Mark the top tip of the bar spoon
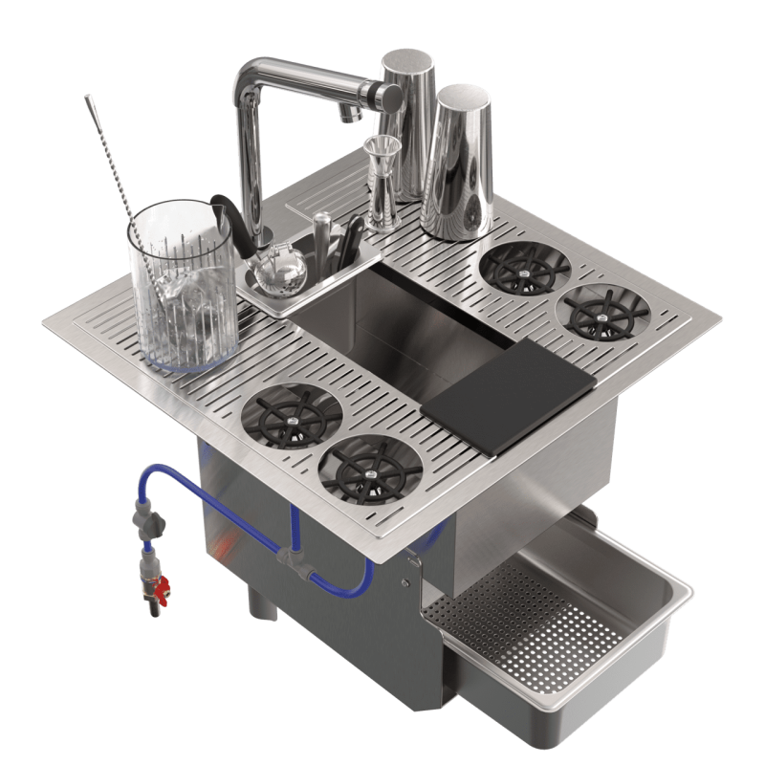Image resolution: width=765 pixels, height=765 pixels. pos(88,97)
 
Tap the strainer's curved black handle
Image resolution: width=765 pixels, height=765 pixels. pos(225,215)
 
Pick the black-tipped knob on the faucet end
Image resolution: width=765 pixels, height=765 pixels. pos(391,93)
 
